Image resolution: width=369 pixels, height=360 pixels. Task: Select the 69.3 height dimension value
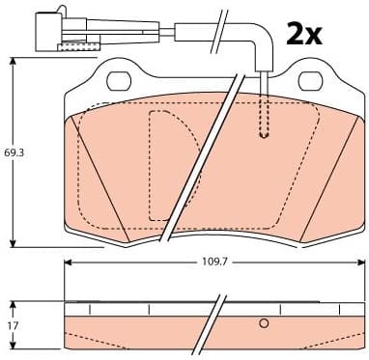[x=13, y=152]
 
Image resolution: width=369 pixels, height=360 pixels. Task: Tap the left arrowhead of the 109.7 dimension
[x=69, y=262]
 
